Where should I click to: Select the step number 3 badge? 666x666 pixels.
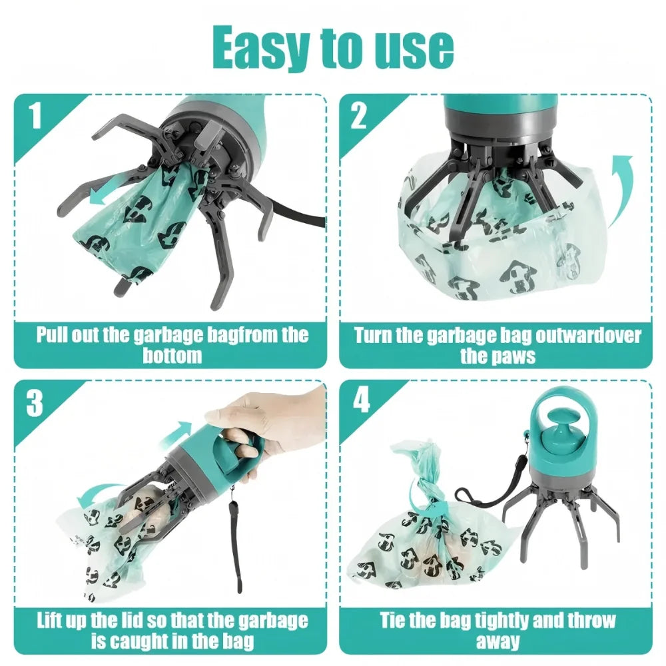[35, 402]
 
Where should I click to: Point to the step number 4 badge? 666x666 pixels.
[360, 402]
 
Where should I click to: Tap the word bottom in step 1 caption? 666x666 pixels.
[172, 355]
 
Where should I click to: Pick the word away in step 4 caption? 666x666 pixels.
[498, 642]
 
